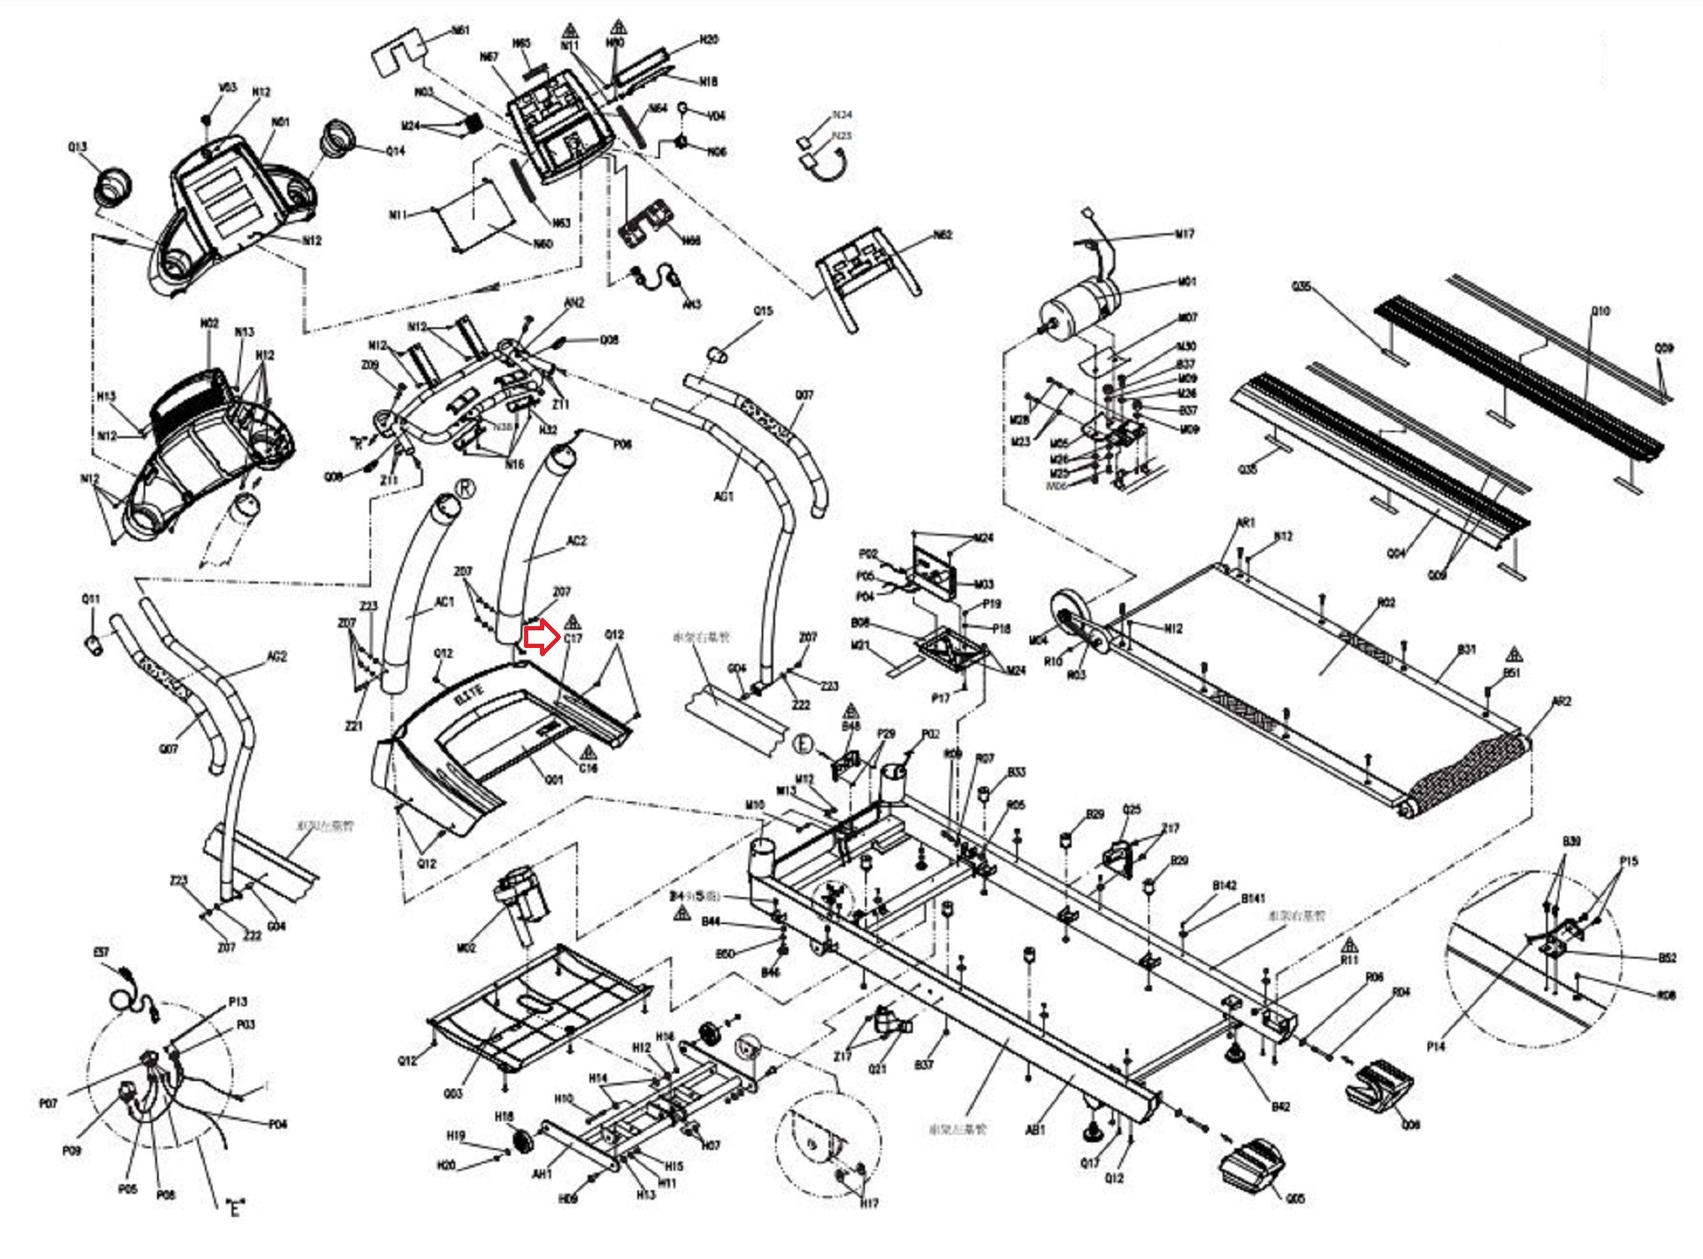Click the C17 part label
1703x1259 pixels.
coord(573,640)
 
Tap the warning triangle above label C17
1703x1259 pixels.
coord(573,622)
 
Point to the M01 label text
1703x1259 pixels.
coord(1187,282)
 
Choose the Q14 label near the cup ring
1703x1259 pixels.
coord(395,151)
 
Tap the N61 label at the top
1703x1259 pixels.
coord(460,31)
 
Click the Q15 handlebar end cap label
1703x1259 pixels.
coord(762,311)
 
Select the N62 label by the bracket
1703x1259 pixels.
coord(943,236)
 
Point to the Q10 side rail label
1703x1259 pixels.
coord(1601,311)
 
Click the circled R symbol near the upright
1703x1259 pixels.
coord(464,489)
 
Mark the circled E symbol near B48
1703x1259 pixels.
coord(804,744)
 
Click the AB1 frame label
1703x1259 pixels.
coord(1035,1130)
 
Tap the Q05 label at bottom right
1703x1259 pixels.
coord(1295,1199)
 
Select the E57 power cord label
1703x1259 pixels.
coord(101,953)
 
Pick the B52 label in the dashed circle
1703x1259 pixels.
coord(1667,958)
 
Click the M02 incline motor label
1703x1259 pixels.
coord(466,948)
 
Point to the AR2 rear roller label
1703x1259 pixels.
coord(1561,702)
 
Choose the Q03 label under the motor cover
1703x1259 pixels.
coord(453,1094)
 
